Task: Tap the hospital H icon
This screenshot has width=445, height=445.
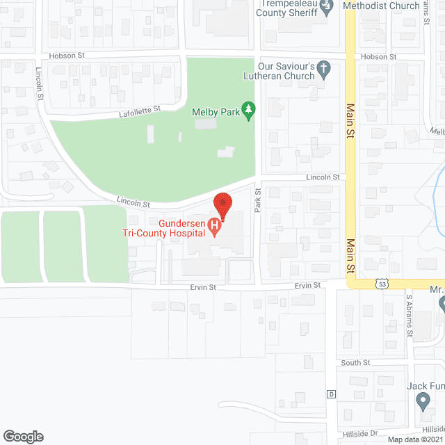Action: click(x=215, y=226)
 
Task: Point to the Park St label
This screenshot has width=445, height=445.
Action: click(x=257, y=202)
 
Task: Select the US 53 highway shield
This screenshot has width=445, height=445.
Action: click(x=382, y=284)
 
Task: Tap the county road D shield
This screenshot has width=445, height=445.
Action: click(x=332, y=394)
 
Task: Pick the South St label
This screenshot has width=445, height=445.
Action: click(x=355, y=363)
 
